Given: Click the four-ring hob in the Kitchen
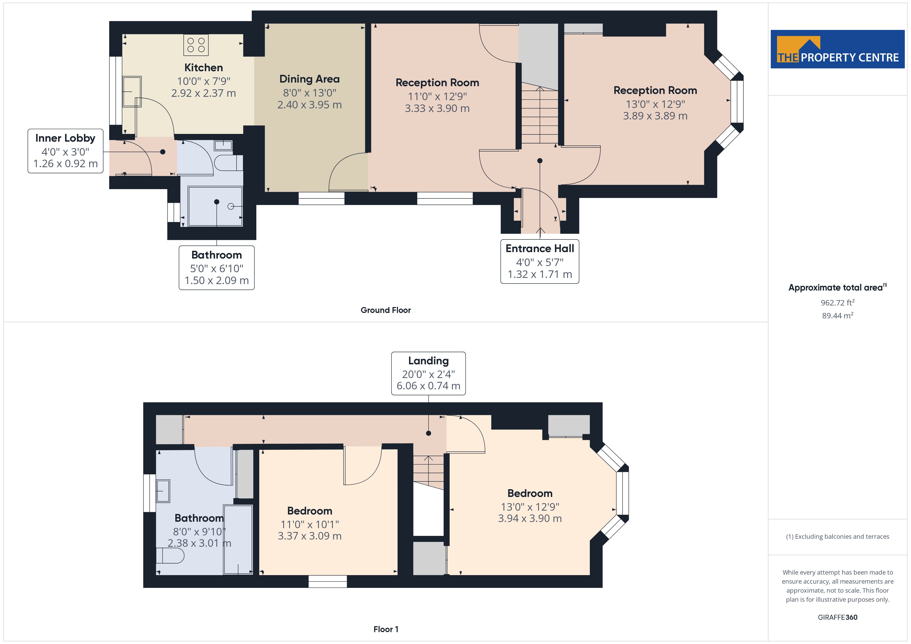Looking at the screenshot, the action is click(x=196, y=45).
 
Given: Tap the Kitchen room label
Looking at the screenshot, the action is click(x=203, y=68).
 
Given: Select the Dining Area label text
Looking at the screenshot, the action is click(x=310, y=79).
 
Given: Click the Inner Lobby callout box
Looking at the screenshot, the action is click(x=66, y=151).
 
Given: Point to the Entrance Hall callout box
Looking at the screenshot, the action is click(x=540, y=262).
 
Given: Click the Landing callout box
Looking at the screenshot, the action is click(x=429, y=374).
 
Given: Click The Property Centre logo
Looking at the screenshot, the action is click(x=838, y=49).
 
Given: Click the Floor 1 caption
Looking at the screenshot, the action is click(x=386, y=629).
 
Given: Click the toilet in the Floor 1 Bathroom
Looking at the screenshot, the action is click(x=170, y=556).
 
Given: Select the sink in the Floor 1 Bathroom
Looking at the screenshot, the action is click(x=163, y=491).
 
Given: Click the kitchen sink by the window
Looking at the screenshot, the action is click(x=132, y=92).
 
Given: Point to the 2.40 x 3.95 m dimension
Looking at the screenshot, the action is click(x=310, y=105).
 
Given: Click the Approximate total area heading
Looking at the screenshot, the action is click(x=837, y=287).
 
